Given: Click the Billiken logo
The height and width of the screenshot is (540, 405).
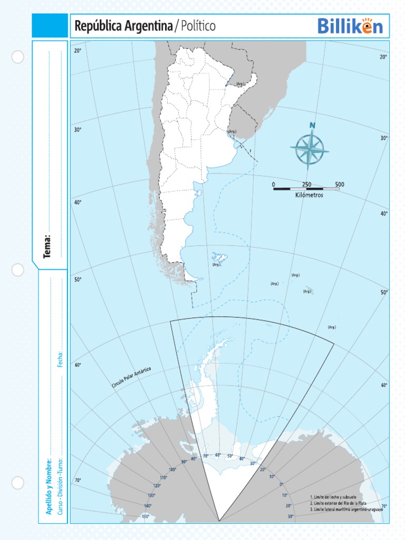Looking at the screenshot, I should (x=350, y=26).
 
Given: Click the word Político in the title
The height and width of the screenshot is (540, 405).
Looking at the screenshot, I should (x=197, y=26).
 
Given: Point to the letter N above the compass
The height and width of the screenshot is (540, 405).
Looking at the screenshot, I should (x=312, y=126).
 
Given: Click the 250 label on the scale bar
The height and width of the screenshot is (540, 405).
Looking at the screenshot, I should (x=306, y=185).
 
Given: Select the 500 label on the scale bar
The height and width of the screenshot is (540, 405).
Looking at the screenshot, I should (x=340, y=185).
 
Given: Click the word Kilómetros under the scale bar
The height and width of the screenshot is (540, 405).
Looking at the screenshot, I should (x=309, y=195).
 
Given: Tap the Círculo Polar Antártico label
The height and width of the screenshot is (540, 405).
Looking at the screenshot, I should (x=131, y=378).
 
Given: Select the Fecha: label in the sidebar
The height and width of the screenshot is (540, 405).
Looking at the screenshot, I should (x=61, y=359).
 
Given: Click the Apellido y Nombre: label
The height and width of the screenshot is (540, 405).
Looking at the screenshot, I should (x=48, y=486).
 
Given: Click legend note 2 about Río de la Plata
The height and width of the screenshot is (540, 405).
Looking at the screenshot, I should (x=339, y=504).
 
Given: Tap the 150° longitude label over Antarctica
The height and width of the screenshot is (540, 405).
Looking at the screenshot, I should (x=145, y=516).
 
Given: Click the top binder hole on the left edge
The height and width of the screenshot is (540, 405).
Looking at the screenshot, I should (x=18, y=57).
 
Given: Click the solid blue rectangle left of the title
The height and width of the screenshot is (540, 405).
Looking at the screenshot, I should (x=50, y=26).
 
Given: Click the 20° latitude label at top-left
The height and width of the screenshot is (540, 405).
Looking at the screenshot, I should (x=78, y=51).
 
